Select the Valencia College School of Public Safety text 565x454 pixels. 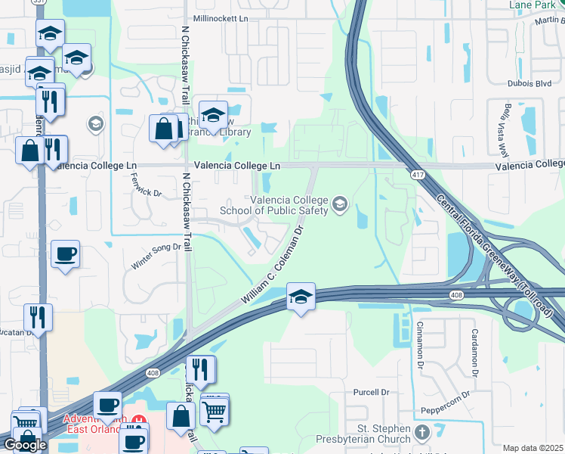point(290,205)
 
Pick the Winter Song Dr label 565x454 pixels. point(157,245)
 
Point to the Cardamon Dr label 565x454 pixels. point(475,352)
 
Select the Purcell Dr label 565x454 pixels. point(371,393)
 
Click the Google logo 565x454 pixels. point(25,445)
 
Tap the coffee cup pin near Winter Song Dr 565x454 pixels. point(66,253)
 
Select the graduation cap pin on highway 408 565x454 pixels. point(301,297)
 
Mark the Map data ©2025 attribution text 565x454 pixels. point(533,448)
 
